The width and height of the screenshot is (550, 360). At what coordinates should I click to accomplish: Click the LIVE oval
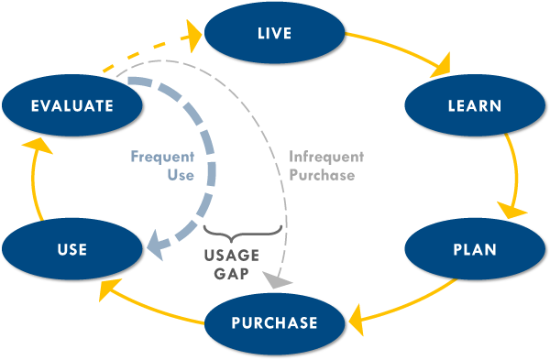[274, 35]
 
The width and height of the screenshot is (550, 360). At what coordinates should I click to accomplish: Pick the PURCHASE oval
[275, 322]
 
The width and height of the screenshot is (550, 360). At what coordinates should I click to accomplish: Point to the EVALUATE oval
[71, 106]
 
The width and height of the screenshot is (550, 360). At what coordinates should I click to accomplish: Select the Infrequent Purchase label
[321, 166]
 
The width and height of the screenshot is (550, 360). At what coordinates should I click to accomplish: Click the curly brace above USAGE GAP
[240, 229]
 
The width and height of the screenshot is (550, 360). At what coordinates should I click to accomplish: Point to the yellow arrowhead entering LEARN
[444, 66]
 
